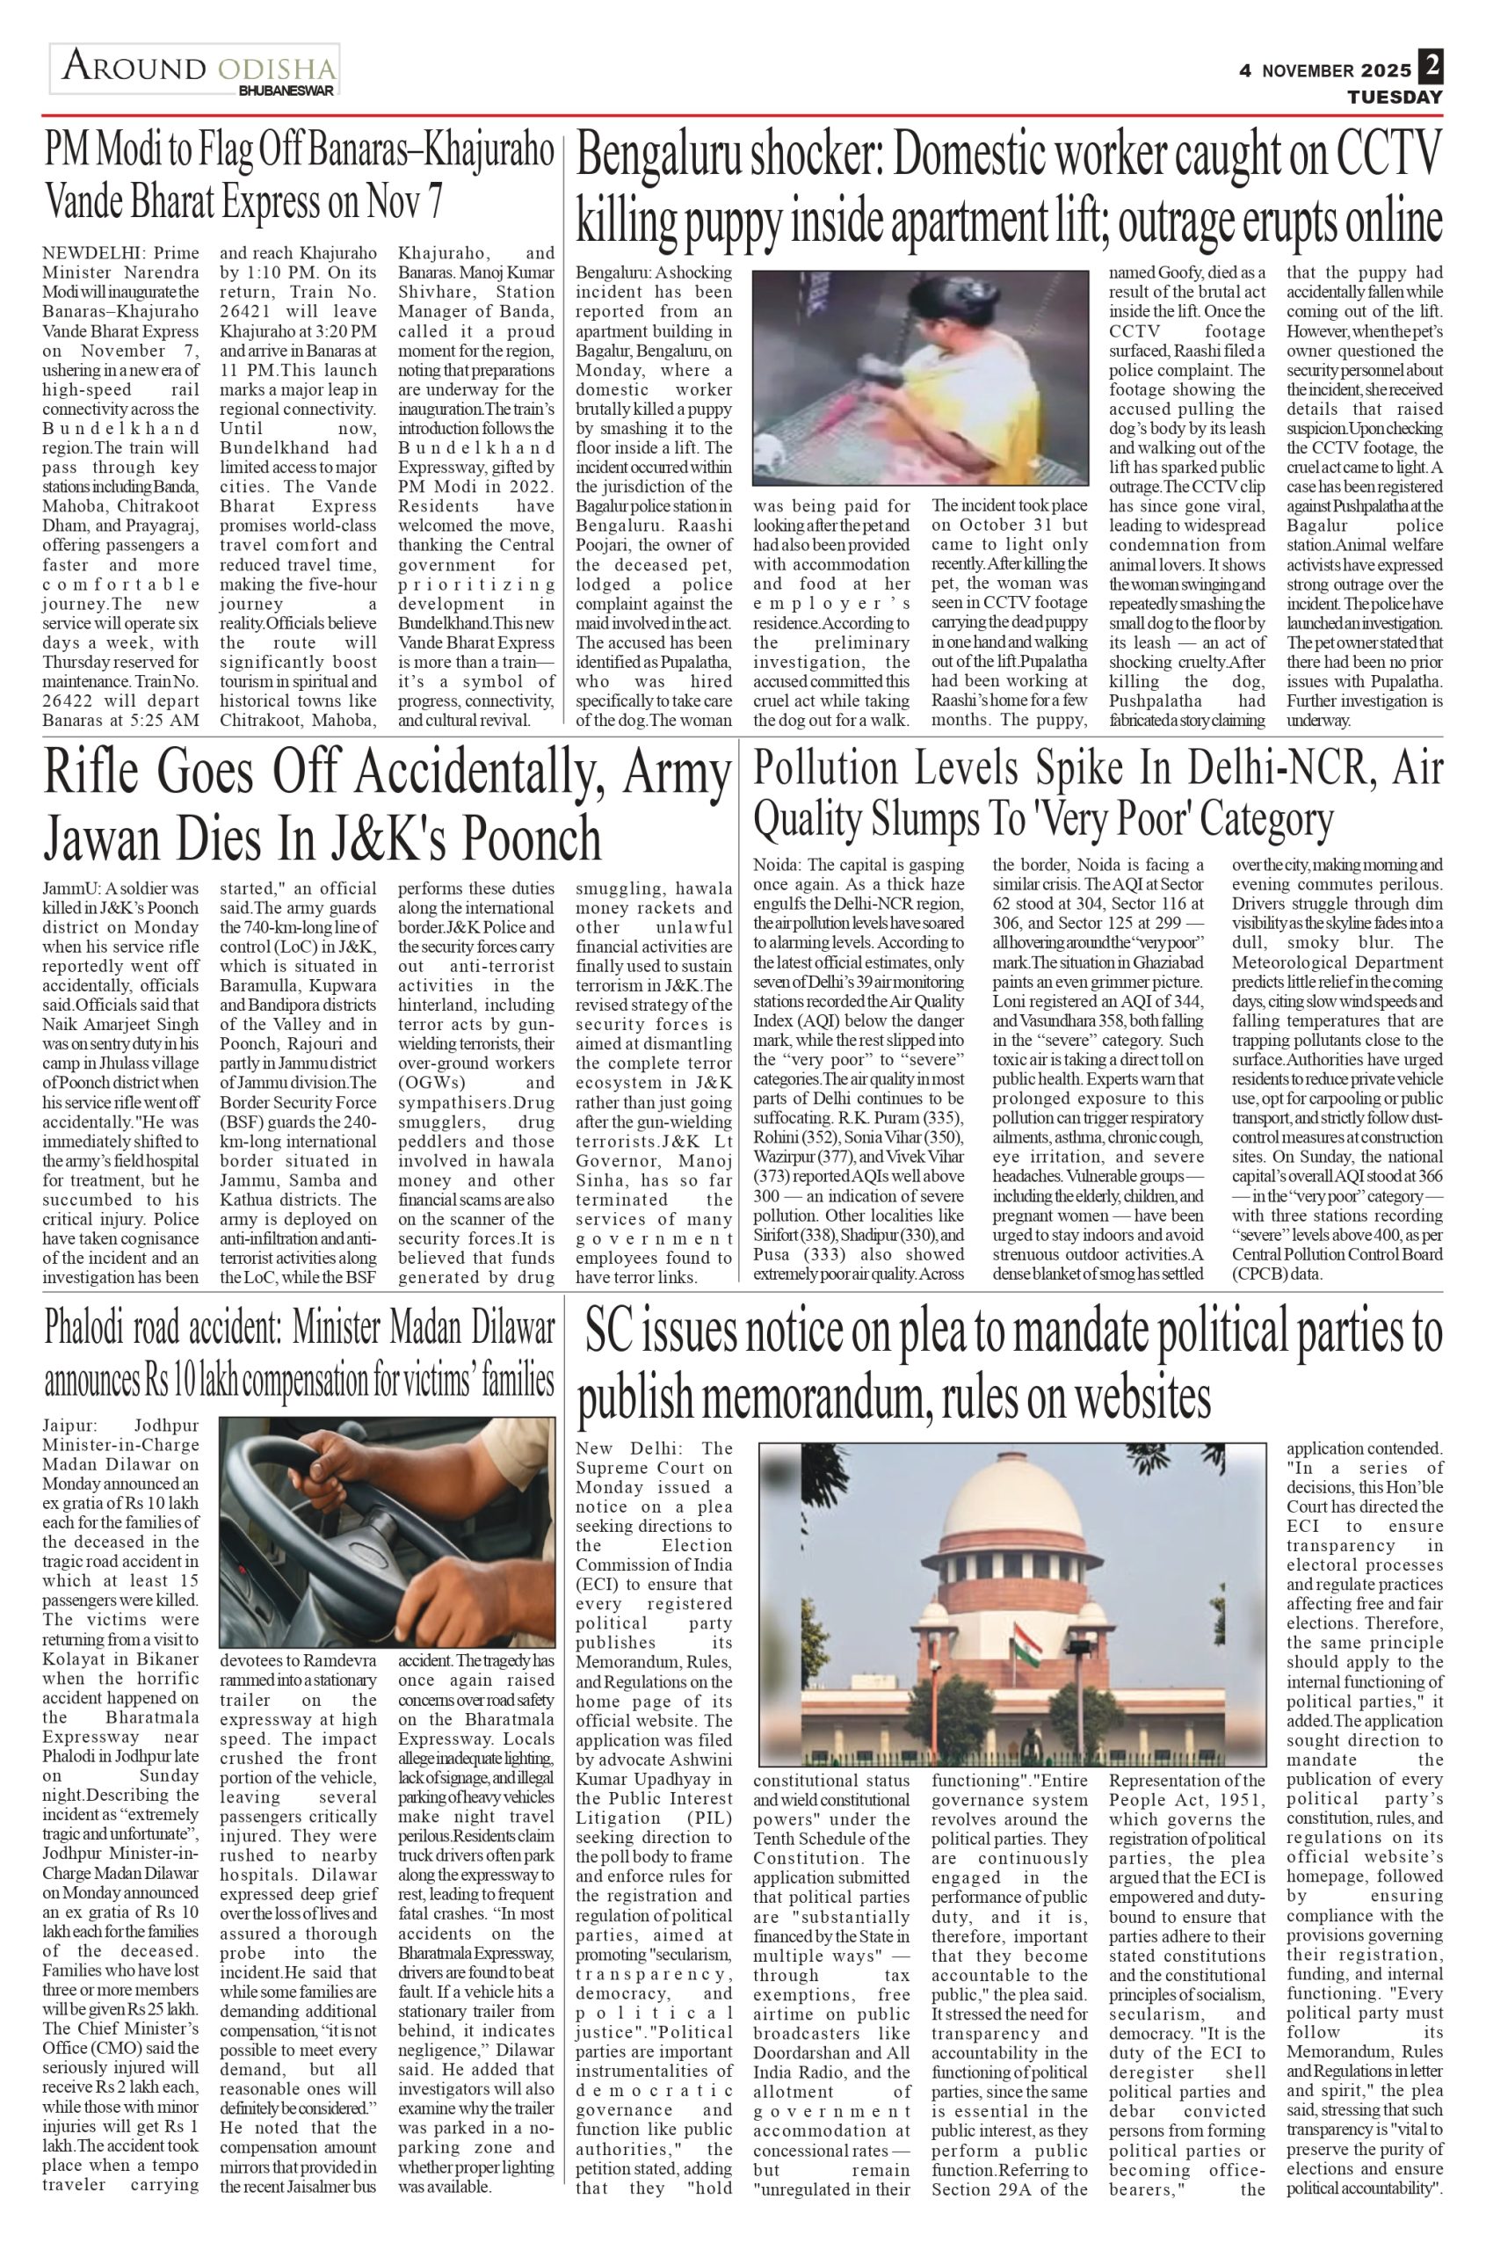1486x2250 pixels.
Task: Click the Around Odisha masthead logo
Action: click(x=195, y=69)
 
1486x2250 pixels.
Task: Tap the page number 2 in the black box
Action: click(x=1431, y=65)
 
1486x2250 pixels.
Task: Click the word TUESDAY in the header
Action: click(x=1395, y=97)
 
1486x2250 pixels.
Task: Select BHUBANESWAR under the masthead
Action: click(x=286, y=90)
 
